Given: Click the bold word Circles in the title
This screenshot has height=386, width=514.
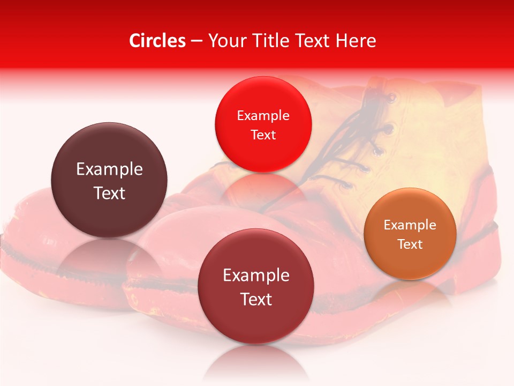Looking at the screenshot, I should click(157, 41).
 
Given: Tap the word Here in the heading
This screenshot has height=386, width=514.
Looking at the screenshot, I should click(356, 41).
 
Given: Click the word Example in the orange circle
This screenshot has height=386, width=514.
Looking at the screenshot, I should click(410, 225).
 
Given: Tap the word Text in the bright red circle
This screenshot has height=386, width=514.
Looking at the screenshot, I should click(263, 135).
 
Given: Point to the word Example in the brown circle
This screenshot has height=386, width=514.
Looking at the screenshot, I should click(109, 169).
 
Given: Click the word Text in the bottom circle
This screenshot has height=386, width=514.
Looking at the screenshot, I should click(256, 299).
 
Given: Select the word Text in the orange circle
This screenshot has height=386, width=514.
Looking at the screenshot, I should click(410, 244).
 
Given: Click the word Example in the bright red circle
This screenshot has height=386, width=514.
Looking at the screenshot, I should click(263, 115).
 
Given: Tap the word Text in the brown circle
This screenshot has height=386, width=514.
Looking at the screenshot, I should click(109, 193).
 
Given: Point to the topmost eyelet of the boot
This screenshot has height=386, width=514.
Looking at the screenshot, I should click(392, 98).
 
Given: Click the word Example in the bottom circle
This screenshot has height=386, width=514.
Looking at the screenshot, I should click(256, 276).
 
